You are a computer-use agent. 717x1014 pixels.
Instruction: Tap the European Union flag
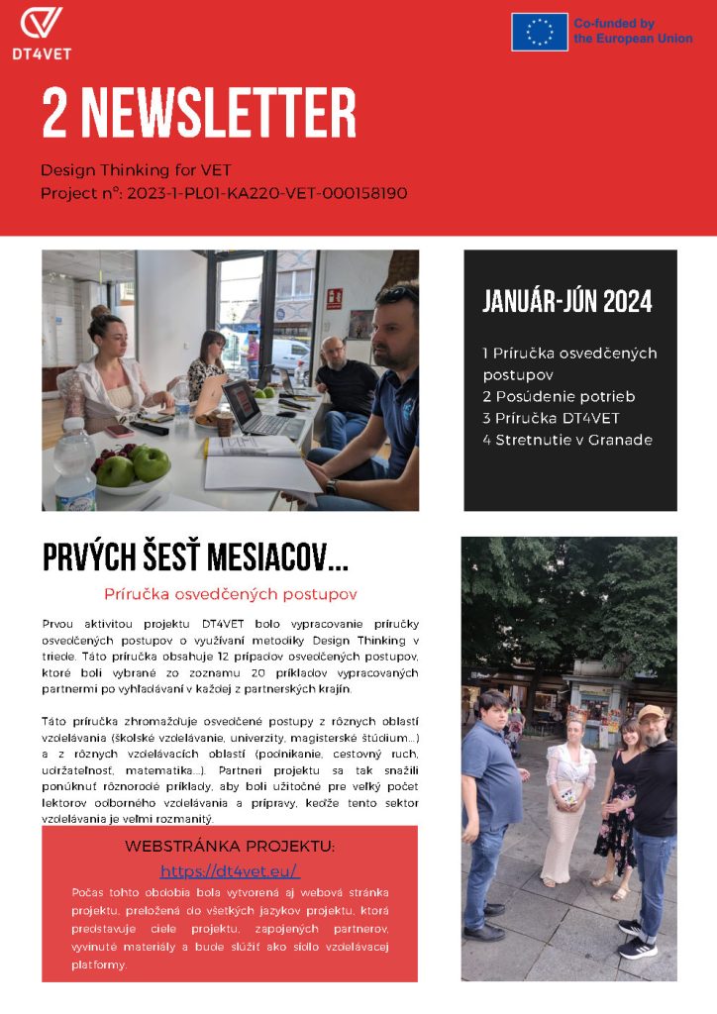click(540, 32)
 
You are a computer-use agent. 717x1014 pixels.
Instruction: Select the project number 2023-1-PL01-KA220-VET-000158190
click(266, 193)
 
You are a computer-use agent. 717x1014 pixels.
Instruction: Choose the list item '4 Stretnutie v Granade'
click(567, 440)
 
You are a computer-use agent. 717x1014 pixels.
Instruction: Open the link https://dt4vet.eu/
click(230, 871)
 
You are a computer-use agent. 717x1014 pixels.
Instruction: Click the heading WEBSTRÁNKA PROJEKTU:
click(230, 847)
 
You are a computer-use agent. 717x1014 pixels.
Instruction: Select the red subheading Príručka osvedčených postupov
click(230, 594)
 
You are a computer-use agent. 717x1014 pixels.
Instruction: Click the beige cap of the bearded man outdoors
click(651, 713)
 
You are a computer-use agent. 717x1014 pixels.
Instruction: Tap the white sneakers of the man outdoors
click(634, 939)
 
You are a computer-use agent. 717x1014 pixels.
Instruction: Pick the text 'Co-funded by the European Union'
click(633, 31)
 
